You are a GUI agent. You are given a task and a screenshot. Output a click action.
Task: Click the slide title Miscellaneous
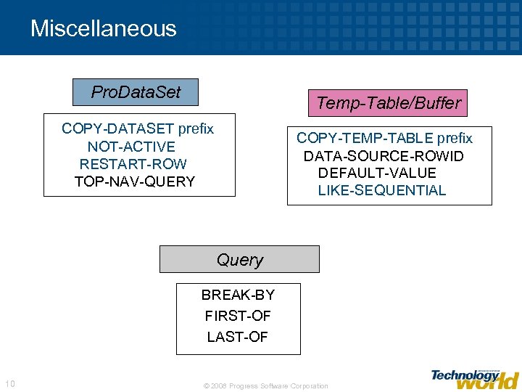103,28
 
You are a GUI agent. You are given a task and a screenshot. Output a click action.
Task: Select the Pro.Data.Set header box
136,92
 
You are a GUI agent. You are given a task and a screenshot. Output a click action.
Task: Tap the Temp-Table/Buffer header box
388,103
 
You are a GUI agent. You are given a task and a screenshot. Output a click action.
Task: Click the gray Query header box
239,259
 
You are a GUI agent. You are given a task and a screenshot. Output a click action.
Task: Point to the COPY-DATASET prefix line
137,129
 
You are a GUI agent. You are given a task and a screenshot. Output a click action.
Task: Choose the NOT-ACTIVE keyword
131,147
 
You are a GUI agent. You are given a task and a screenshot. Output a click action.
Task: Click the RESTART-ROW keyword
133,164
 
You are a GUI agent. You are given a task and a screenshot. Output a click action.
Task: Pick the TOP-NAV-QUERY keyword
135,181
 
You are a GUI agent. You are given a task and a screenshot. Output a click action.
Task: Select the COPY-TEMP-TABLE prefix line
384,138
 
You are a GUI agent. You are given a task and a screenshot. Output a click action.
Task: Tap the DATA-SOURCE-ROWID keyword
384,155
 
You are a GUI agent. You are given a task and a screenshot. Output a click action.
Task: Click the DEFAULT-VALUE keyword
377,173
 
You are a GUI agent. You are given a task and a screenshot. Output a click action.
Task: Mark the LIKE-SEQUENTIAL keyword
381,190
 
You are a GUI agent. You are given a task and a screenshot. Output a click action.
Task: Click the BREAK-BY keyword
238,295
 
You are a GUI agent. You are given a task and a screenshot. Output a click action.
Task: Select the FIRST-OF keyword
237,316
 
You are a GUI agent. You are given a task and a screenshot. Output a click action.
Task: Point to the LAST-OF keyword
237,337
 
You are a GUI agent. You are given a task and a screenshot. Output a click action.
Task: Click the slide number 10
9,384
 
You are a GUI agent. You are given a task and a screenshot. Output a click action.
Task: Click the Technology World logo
474,377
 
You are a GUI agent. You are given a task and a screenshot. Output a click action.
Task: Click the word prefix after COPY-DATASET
196,129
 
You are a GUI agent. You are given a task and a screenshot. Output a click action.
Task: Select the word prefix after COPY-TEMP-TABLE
455,138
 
